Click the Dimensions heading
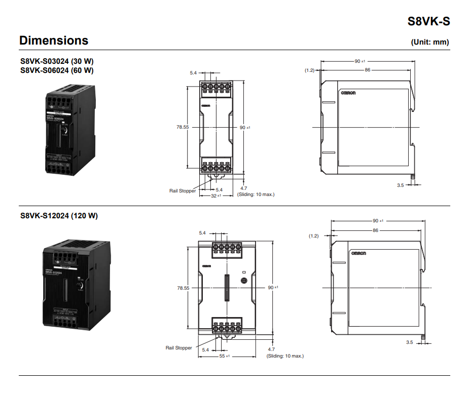(x=54, y=41)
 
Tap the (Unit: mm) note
(x=429, y=42)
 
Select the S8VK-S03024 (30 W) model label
(x=57, y=61)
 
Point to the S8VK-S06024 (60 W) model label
(x=57, y=70)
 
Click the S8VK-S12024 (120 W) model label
(x=59, y=216)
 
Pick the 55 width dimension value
(x=222, y=356)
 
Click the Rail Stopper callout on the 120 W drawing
(x=179, y=348)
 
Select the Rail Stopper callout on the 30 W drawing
(x=183, y=191)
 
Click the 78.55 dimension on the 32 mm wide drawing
(x=183, y=128)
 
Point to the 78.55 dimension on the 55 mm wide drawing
(x=183, y=288)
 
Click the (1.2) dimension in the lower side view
(x=314, y=236)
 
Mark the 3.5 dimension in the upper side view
(x=400, y=185)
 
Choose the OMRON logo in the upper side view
(x=348, y=93)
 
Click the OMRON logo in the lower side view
(x=358, y=253)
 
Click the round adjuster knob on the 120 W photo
(x=80, y=288)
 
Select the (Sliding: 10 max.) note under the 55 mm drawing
(x=285, y=356)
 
